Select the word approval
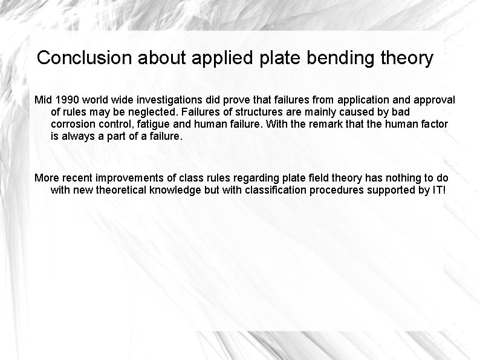pos(432,99)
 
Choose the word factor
pos(433,124)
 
